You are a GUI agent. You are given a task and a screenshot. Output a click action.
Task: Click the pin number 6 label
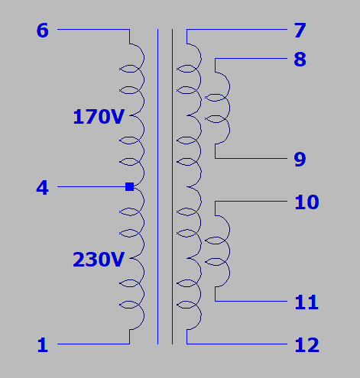click(x=42, y=31)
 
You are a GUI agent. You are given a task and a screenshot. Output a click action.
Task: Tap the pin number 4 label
click(x=42, y=188)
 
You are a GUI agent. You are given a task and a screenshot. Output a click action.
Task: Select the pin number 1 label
click(x=43, y=345)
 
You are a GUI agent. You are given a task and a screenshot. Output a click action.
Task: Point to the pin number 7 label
click(x=300, y=31)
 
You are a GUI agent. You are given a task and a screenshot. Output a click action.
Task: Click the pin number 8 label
click(x=300, y=60)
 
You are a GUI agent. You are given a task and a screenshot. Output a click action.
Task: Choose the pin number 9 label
click(x=300, y=160)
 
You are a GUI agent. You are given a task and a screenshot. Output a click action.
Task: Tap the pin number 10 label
click(x=306, y=202)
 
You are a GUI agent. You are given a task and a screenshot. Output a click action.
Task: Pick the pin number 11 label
click(x=306, y=302)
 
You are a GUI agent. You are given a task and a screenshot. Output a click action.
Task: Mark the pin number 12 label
click(x=306, y=345)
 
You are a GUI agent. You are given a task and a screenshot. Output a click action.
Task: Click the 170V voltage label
click(x=99, y=117)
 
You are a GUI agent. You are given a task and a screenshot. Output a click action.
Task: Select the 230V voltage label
click(x=99, y=260)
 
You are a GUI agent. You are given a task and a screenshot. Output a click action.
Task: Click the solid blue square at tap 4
click(x=130, y=186)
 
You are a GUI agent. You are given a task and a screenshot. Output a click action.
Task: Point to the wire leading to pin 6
click(x=93, y=29)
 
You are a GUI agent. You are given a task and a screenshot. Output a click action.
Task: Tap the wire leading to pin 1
click(x=93, y=344)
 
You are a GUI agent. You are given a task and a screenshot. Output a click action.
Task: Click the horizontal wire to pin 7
click(x=237, y=29)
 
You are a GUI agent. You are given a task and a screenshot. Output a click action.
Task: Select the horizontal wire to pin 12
click(x=237, y=344)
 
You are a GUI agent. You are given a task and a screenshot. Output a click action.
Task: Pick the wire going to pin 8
click(x=251, y=59)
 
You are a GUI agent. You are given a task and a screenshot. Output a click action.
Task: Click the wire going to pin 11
click(x=251, y=301)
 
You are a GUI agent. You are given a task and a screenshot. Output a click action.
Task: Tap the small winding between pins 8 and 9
click(x=229, y=108)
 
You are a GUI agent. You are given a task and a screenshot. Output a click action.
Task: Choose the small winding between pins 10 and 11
click(x=229, y=251)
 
